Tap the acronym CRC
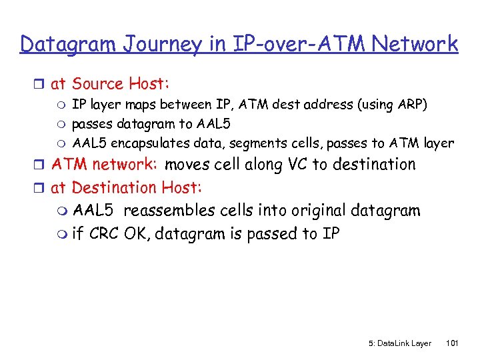103,234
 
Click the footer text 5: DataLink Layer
400,343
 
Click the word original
316,211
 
